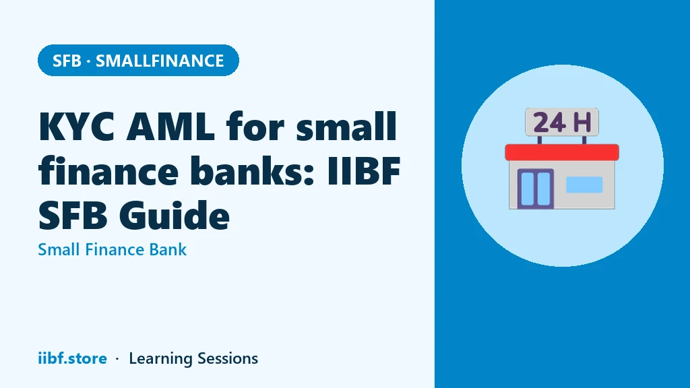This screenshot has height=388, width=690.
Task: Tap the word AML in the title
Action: (x=170, y=127)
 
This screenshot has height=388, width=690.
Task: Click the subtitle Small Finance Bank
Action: (x=113, y=249)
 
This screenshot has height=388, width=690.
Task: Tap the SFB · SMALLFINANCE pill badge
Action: (x=138, y=60)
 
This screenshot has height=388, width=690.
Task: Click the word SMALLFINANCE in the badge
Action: (x=160, y=61)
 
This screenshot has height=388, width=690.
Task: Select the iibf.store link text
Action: (x=72, y=358)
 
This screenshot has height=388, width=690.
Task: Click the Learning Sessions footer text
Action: (x=193, y=358)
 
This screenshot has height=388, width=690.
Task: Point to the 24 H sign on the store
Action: (x=562, y=122)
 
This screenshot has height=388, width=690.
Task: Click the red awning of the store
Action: (x=562, y=152)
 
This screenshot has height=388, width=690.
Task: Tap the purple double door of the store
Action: (x=535, y=189)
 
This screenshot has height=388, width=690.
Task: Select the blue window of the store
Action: (x=584, y=185)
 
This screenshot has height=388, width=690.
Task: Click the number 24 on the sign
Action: (x=549, y=123)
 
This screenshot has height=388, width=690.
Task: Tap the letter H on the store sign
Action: (x=582, y=123)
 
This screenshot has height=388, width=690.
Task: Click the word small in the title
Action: (x=346, y=126)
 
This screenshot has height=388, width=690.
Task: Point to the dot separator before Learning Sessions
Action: (x=117, y=359)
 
